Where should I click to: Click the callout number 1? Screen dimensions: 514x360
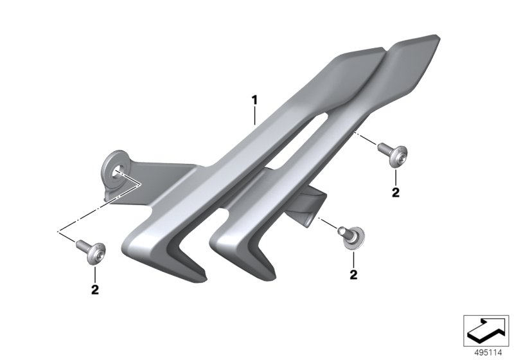click(254, 100)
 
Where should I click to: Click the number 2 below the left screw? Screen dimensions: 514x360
click(94, 289)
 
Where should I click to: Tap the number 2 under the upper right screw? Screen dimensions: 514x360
click(396, 192)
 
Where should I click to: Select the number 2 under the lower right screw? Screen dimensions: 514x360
click(353, 274)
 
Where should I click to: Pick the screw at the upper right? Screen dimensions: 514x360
click(393, 154)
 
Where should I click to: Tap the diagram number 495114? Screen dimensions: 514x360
click(488, 353)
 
